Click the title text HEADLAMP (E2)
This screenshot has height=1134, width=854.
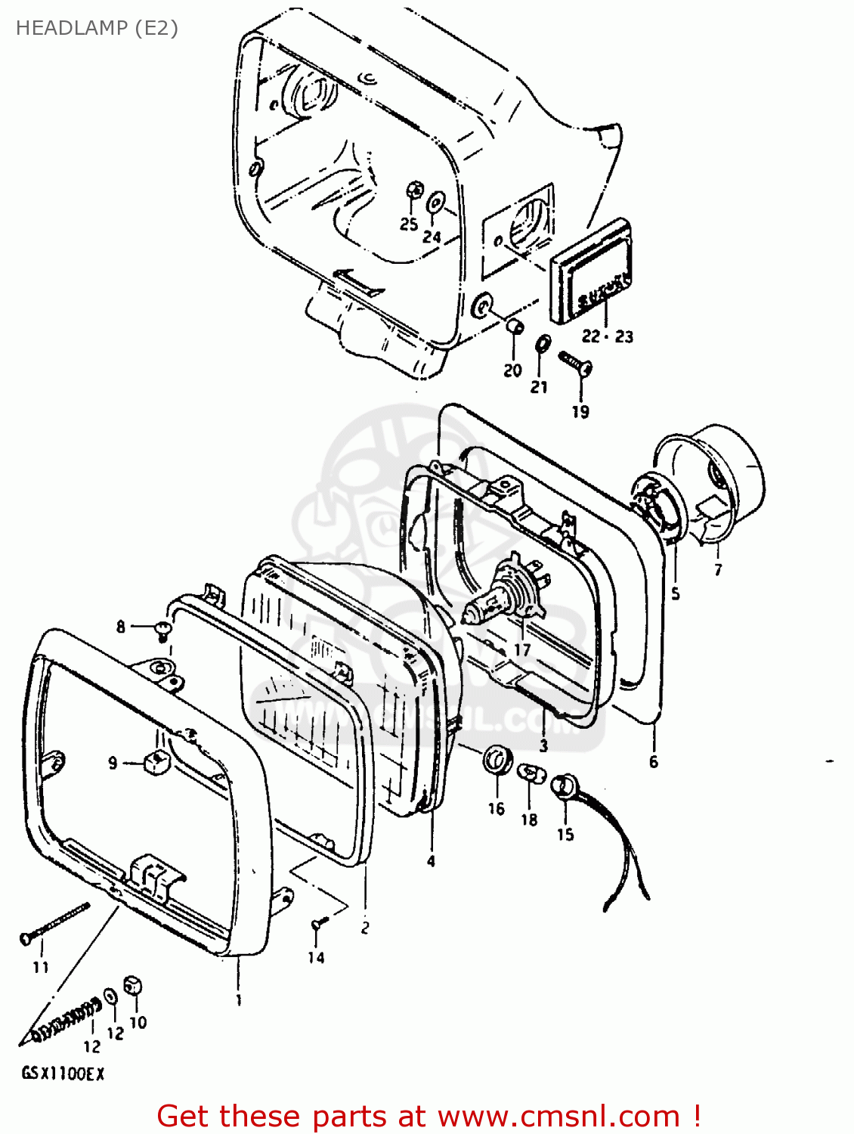(x=97, y=28)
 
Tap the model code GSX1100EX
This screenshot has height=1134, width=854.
(x=63, y=1074)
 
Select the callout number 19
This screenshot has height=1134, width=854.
(x=580, y=412)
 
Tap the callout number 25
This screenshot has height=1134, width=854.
(x=409, y=224)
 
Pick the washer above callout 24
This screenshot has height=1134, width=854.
(x=436, y=203)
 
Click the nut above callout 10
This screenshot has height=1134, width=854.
(x=134, y=986)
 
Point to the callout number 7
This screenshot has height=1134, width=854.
(x=717, y=570)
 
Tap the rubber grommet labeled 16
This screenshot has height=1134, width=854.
(x=497, y=759)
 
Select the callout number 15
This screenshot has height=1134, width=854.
(x=565, y=835)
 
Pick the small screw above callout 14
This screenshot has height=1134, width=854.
(x=317, y=923)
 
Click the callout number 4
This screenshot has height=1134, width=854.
(x=431, y=861)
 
